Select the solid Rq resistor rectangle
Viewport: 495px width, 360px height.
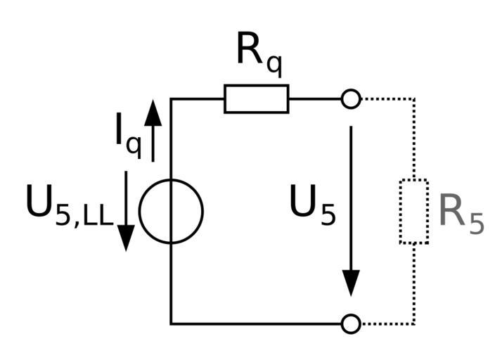256,99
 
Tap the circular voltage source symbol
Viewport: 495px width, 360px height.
171,211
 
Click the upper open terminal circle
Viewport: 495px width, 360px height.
351,99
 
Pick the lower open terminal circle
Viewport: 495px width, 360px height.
351,323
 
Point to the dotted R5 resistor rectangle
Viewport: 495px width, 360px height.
414,212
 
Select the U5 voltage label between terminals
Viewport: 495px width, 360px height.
313,207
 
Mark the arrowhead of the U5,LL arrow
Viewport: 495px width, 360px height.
125,239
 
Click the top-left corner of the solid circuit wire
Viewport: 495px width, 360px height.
171,99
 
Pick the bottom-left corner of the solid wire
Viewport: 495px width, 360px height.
171,323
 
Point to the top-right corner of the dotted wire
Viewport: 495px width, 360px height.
414,99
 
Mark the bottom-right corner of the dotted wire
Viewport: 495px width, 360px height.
414,323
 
